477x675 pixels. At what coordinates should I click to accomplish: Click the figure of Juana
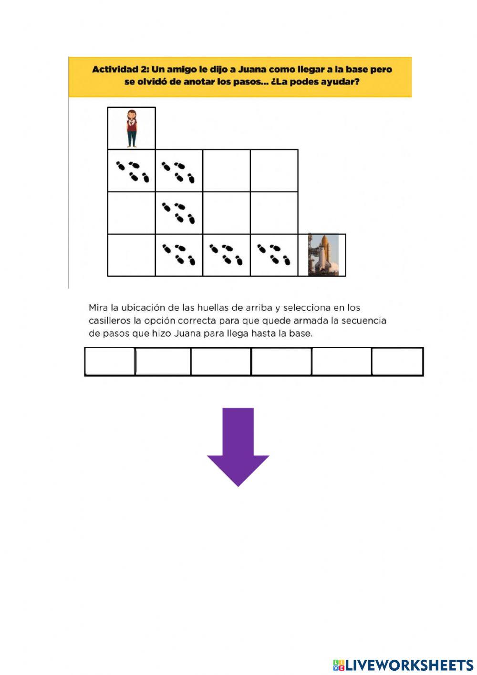[x=132, y=128]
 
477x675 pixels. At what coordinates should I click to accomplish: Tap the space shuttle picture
[x=323, y=255]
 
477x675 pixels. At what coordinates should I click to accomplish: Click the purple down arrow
[x=238, y=447]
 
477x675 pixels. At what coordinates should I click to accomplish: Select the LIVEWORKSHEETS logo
[x=403, y=664]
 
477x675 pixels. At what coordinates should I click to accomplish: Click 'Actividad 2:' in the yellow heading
[x=120, y=69]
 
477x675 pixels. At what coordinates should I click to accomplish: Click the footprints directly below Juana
[x=132, y=171]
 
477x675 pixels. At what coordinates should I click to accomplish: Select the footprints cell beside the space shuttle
[x=274, y=255]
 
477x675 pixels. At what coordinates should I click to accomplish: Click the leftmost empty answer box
[x=110, y=362]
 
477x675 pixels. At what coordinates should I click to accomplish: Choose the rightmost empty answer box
[x=397, y=362]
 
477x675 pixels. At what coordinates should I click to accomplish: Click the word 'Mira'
[x=98, y=308]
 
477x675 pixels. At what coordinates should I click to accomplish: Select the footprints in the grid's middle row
[x=178, y=213]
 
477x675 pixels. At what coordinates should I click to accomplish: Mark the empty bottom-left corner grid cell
[x=131, y=255]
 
